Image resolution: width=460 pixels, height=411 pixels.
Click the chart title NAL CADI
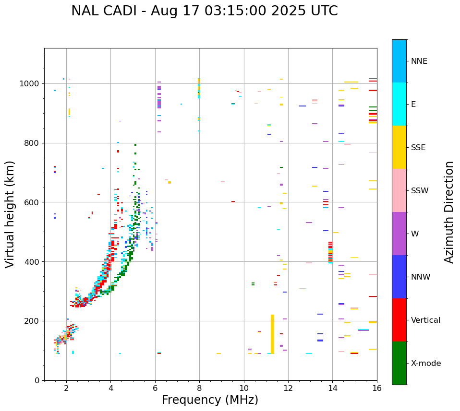click(x=204, y=11)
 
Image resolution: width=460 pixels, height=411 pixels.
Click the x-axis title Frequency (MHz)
click(x=210, y=400)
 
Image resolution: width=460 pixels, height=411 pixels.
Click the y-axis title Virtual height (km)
click(x=10, y=214)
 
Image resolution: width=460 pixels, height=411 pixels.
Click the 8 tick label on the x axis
click(x=199, y=388)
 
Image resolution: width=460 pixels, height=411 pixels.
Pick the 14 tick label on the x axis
click(x=332, y=388)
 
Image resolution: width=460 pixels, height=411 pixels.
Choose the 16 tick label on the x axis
click(x=377, y=388)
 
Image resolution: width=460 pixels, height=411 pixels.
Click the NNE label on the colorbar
click(x=419, y=61)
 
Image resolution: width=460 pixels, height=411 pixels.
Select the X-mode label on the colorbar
click(x=426, y=364)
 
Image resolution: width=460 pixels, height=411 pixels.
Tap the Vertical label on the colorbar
click(x=425, y=320)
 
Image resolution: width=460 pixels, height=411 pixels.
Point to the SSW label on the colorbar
click(x=420, y=191)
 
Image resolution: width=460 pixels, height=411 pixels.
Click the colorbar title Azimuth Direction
click(x=449, y=212)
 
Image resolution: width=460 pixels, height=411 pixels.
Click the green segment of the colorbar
click(x=399, y=363)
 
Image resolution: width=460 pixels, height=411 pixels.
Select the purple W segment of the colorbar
click(x=399, y=234)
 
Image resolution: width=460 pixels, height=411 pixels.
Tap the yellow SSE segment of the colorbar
click(x=399, y=147)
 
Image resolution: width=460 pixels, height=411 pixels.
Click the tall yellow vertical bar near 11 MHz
click(x=272, y=334)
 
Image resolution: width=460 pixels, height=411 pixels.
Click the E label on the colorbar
click(x=413, y=105)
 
